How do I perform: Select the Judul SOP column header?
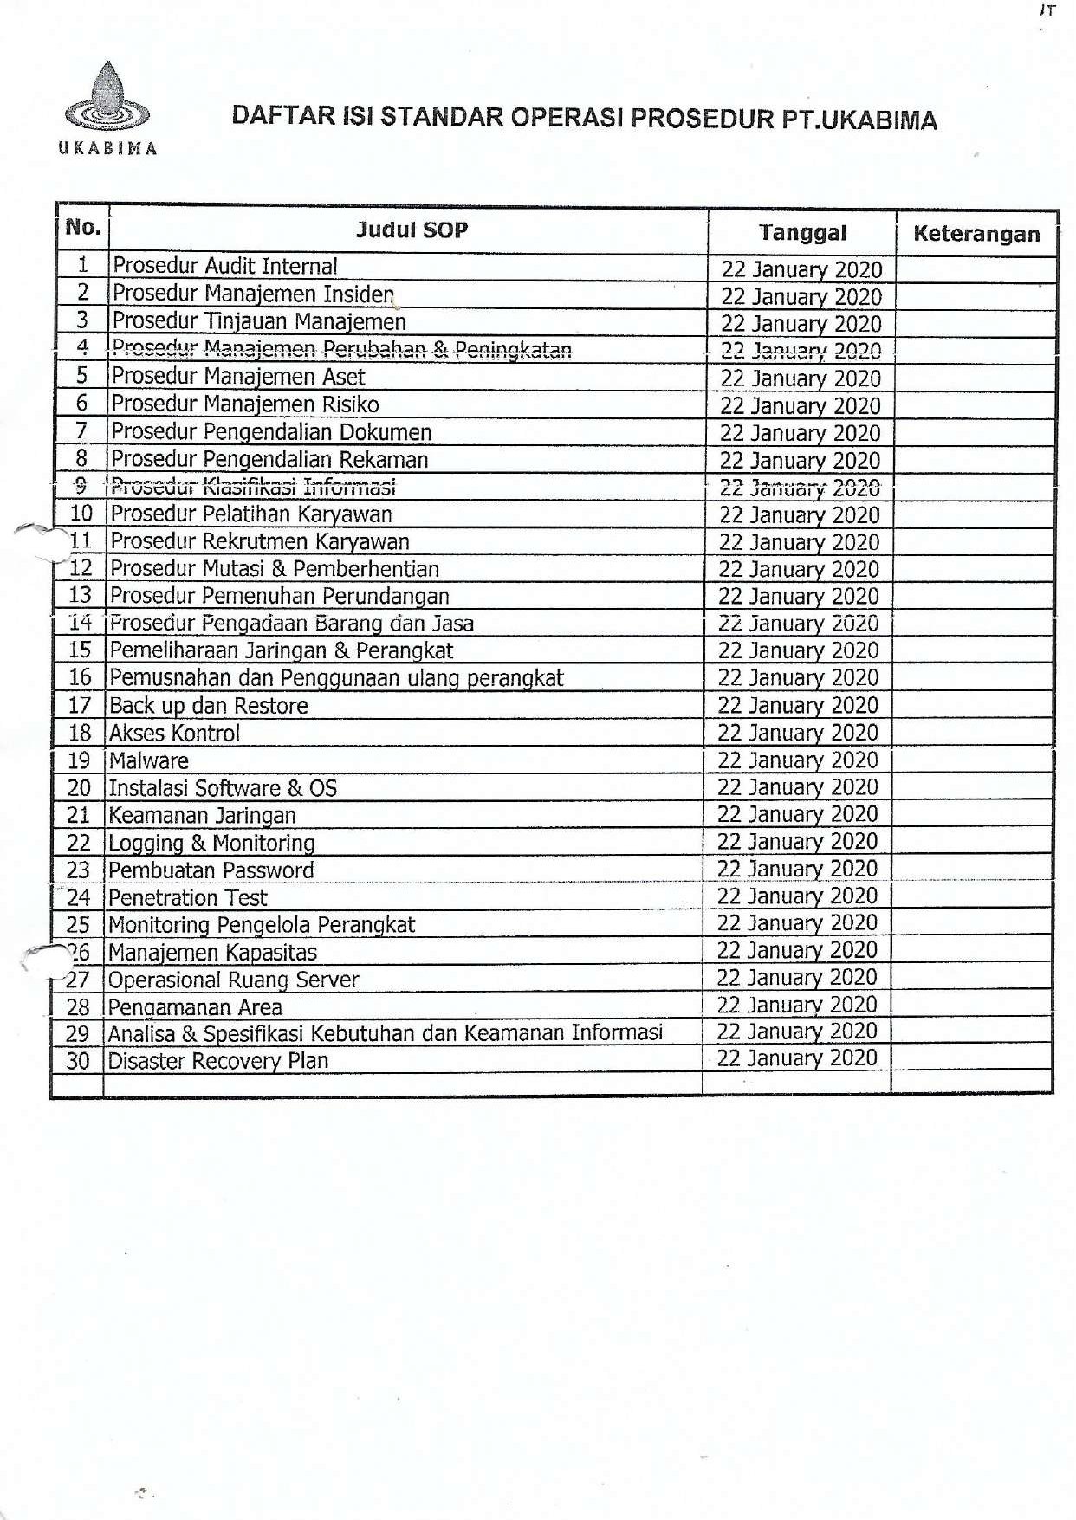pos(412,230)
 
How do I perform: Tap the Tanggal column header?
pos(801,233)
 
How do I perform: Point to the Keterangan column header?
pos(976,234)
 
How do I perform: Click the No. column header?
pos(83,228)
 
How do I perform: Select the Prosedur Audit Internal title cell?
pos(225,267)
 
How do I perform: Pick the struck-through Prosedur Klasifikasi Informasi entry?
pos(253,487)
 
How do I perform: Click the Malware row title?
pos(148,761)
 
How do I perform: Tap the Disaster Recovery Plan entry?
pos(217,1061)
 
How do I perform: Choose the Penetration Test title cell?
pos(188,898)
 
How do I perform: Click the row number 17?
pos(80,706)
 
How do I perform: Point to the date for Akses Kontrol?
pos(797,733)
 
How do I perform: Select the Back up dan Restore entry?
pos(208,706)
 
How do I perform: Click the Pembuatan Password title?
pos(211,870)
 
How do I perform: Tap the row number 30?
pos(78,1061)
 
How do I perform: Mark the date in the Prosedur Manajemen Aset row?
pos(800,378)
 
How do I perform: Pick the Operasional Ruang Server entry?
pos(233,980)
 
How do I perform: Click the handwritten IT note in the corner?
pos(1047,11)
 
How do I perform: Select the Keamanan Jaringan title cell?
pos(202,816)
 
